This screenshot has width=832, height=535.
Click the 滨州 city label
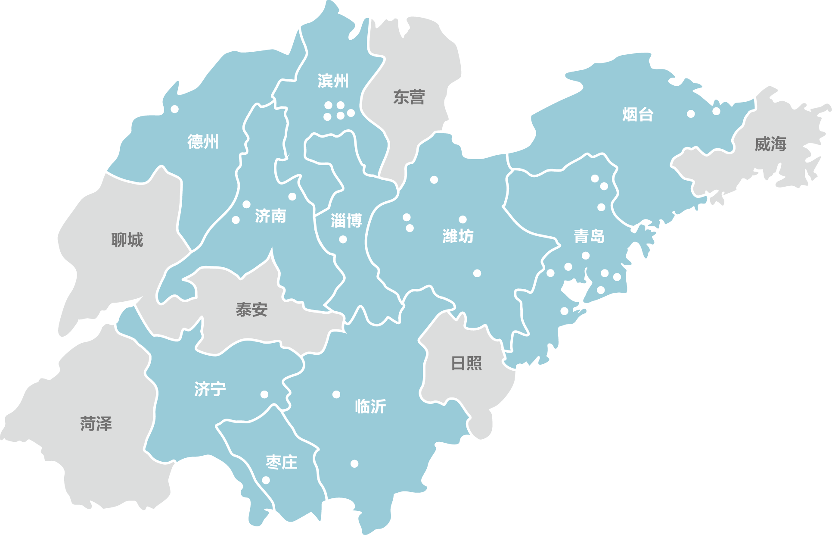click(x=333, y=81)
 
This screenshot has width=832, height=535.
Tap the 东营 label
click(x=409, y=97)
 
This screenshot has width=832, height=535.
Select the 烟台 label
click(x=638, y=114)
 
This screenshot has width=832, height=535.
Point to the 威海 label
click(x=770, y=144)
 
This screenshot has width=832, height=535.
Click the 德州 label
click(x=203, y=141)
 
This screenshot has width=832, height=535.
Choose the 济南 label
click(x=270, y=216)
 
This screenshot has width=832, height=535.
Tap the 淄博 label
click(x=346, y=221)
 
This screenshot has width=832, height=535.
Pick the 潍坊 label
click(x=458, y=236)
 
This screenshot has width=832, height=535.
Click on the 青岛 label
click(x=589, y=236)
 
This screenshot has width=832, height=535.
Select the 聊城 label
click(x=127, y=240)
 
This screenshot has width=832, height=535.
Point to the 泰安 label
click(x=251, y=309)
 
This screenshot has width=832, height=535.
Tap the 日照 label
click(x=466, y=363)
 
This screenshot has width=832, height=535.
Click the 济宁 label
click(x=210, y=389)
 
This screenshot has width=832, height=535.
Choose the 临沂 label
click(x=370, y=406)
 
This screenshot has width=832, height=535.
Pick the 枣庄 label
click(x=282, y=462)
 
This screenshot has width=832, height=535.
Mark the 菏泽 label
click(x=96, y=424)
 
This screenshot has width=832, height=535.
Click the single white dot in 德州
click(x=174, y=109)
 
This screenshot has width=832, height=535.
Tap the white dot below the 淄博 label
click(x=343, y=239)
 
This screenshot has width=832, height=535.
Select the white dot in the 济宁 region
click(x=264, y=394)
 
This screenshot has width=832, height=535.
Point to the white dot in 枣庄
click(x=266, y=480)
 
